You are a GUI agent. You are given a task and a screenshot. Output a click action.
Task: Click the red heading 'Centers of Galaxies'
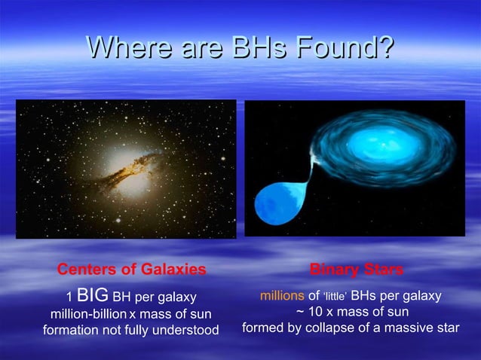132,269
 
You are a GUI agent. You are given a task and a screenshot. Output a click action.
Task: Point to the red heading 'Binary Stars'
357,269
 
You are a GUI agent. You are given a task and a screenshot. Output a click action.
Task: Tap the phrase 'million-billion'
88,313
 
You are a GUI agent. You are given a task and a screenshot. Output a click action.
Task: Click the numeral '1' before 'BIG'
69,296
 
